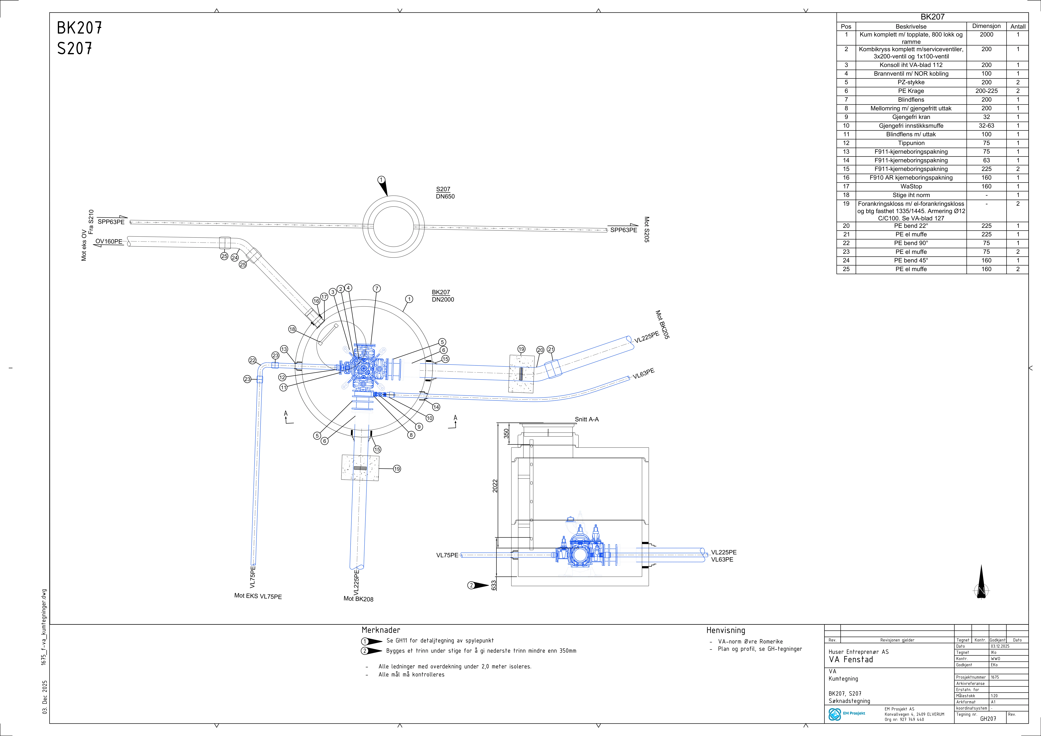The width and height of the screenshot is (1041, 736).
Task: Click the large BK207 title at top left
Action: [x=79, y=28]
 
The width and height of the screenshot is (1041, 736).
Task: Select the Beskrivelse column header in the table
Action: [x=911, y=26]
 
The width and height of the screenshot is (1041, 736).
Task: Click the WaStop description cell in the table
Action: [x=911, y=187]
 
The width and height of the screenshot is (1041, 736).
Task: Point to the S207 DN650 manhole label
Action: [x=445, y=193]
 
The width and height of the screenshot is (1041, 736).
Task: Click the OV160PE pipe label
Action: [x=109, y=241]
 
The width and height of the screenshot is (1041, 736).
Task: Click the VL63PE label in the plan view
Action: [x=644, y=373]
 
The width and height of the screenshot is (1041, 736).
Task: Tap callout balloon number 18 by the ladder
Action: [x=292, y=329]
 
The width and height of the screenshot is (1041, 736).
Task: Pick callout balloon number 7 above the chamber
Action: [x=377, y=289]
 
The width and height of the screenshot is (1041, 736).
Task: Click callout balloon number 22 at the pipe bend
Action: [x=253, y=360]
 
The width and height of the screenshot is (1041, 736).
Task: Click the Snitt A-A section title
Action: [x=587, y=419]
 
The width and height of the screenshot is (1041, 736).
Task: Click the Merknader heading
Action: [x=381, y=630]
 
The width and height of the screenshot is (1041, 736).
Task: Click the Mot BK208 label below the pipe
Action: [x=358, y=599]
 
